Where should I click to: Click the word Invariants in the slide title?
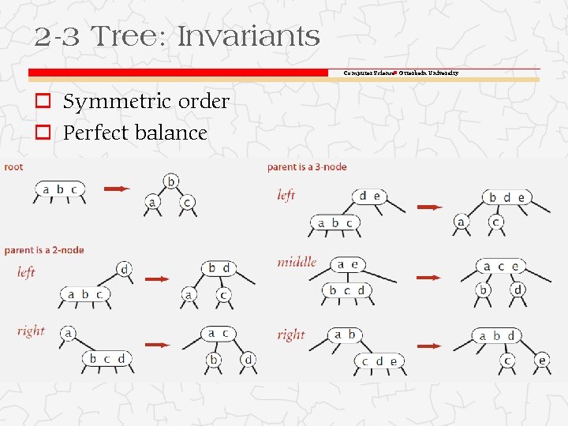pyautogui.click(x=248, y=36)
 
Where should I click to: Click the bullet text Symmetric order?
pyautogui.click(x=146, y=102)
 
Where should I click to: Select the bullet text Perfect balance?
pyautogui.click(x=135, y=133)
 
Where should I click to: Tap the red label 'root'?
pyautogui.click(x=13, y=166)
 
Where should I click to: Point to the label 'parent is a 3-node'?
pyautogui.click(x=307, y=166)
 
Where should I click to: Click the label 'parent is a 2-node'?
pyautogui.click(x=44, y=250)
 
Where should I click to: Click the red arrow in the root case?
pyautogui.click(x=117, y=189)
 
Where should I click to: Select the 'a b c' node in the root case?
pyautogui.click(x=60, y=189)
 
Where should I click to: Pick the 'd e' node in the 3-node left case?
pyautogui.click(x=369, y=196)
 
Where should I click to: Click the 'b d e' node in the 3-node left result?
pyautogui.click(x=506, y=196)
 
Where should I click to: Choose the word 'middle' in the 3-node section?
pyautogui.click(x=297, y=262)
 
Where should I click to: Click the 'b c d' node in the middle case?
pyautogui.click(x=347, y=290)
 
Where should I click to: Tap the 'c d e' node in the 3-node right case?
pyautogui.click(x=379, y=361)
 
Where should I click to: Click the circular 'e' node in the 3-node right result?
pyautogui.click(x=542, y=361)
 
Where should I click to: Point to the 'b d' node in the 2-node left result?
pyautogui.click(x=218, y=268)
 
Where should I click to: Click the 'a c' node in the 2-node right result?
pyautogui.click(x=218, y=334)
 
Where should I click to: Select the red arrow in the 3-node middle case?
pyautogui.click(x=429, y=278)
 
